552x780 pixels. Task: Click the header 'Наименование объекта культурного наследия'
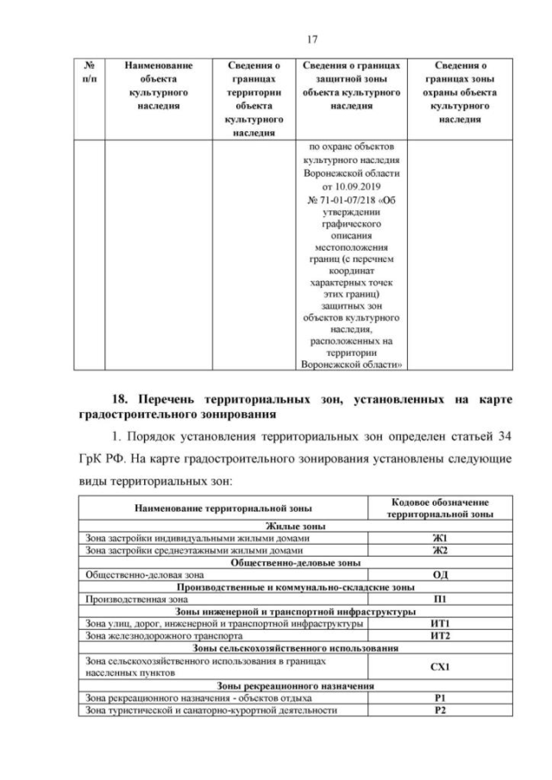pos(159,84)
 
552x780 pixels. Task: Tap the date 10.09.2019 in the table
pos(351,184)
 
